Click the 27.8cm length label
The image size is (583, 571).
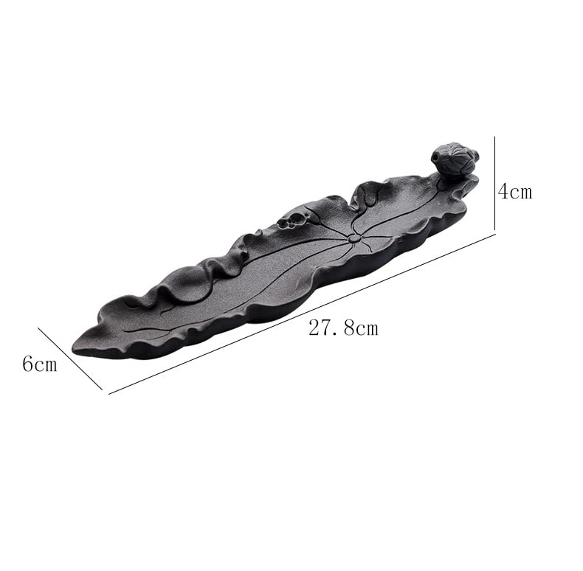(343, 328)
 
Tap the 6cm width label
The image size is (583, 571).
(39, 364)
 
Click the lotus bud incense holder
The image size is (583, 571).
(454, 159)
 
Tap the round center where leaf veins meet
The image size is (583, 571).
(355, 238)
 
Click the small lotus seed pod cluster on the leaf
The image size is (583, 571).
(293, 219)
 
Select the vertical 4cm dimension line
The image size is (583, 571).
(494, 184)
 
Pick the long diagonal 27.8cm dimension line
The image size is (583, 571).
(303, 314)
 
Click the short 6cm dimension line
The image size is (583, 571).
(70, 359)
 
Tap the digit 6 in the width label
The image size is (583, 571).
(28, 364)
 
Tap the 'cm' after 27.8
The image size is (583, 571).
(365, 329)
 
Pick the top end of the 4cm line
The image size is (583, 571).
(494, 136)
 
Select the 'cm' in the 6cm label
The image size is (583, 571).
(46, 364)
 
